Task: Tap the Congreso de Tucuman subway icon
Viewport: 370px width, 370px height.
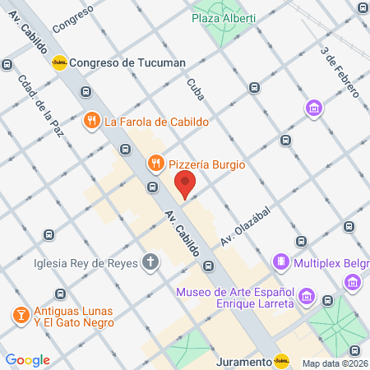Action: (59, 62)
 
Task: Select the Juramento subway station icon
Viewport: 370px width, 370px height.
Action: (281, 360)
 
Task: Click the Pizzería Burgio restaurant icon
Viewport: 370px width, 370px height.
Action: (154, 164)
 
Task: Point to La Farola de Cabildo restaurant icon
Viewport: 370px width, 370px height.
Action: (92, 121)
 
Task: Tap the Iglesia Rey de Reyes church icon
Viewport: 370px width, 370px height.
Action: (150, 263)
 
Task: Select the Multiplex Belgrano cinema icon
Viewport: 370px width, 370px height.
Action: (281, 261)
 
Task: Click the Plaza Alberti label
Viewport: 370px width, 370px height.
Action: (224, 18)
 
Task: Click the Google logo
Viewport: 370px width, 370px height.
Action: (27, 360)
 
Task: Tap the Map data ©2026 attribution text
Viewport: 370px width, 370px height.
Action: (334, 363)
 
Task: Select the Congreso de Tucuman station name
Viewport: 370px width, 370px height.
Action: (127, 62)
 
